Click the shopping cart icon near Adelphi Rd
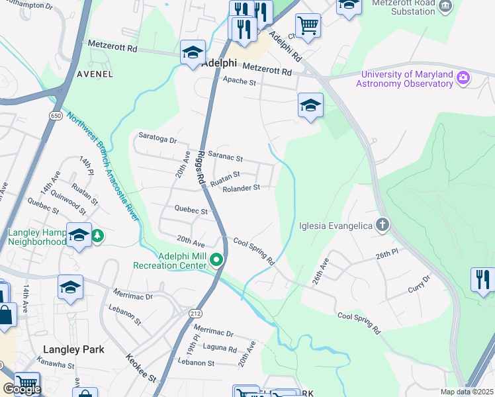pyautogui.click(x=308, y=26)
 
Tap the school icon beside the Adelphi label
pyautogui.click(x=193, y=52)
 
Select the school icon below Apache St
pyautogui.click(x=310, y=105)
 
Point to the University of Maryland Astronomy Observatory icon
pyautogui.click(x=463, y=79)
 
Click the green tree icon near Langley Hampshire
pyautogui.click(x=97, y=236)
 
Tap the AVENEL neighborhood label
pyautogui.click(x=95, y=74)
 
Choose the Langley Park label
pyautogui.click(x=70, y=349)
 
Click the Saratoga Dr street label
pyautogui.click(x=157, y=140)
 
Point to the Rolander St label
pyautogui.click(x=240, y=188)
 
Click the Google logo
pyautogui.click(x=22, y=388)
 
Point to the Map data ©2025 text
pyautogui.click(x=467, y=392)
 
